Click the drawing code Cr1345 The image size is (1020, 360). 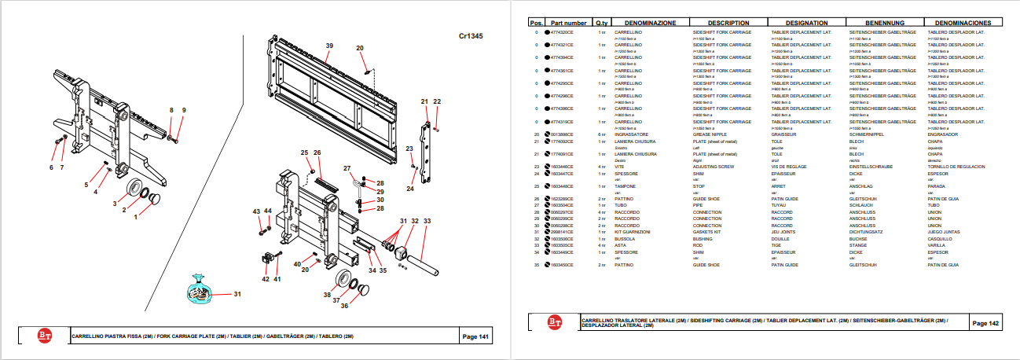point(471,36)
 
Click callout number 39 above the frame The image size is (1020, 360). point(329,45)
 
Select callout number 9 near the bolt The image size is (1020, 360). point(183,109)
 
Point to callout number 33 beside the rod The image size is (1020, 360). point(427,222)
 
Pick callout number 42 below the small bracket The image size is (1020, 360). point(266,279)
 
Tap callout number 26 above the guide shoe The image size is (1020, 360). point(317,152)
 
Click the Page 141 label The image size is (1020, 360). point(475,336)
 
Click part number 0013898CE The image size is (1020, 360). point(562,134)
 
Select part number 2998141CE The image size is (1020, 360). point(562,232)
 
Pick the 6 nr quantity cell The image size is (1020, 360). point(601,134)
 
